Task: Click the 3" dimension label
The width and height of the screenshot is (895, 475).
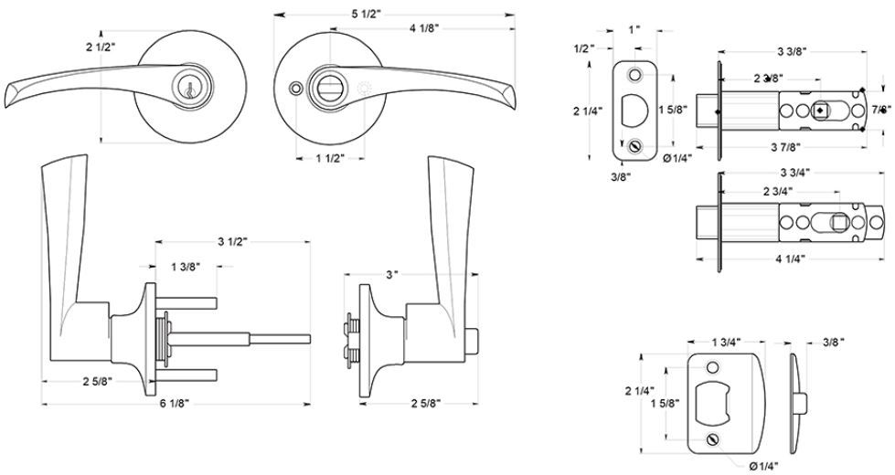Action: (392, 275)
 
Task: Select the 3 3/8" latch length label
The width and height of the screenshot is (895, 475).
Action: (791, 49)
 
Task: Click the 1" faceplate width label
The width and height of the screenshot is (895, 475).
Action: (634, 30)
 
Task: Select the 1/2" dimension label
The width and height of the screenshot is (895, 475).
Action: (585, 47)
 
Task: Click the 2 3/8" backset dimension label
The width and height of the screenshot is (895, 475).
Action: (768, 79)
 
